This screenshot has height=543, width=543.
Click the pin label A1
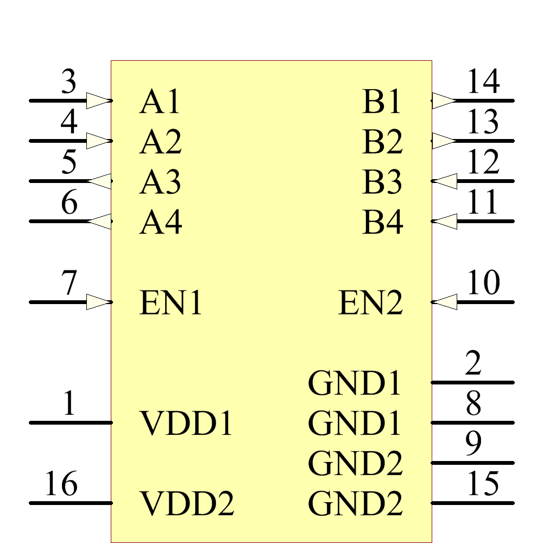[x=160, y=102]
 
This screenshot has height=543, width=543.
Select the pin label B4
[x=382, y=222]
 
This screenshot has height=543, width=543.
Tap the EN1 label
[x=171, y=303]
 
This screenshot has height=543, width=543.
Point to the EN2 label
[x=371, y=303]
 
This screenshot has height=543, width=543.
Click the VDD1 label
[x=187, y=424]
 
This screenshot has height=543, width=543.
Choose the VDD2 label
[x=187, y=504]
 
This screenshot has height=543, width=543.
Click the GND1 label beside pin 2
[x=355, y=383]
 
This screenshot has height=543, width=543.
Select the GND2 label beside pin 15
[x=356, y=503]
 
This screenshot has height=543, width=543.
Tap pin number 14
[x=483, y=83]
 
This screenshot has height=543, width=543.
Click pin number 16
[x=61, y=484]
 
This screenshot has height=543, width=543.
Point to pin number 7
[x=68, y=283]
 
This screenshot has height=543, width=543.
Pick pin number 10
[x=483, y=283]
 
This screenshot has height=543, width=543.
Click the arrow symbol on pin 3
[x=98, y=101]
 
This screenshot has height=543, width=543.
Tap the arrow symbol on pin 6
[x=99, y=222]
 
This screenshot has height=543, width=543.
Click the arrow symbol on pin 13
[x=444, y=141]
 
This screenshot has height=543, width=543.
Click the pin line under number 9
[x=472, y=463]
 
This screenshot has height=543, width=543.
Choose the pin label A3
[x=160, y=182]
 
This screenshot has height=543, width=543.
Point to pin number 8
[x=473, y=404]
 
